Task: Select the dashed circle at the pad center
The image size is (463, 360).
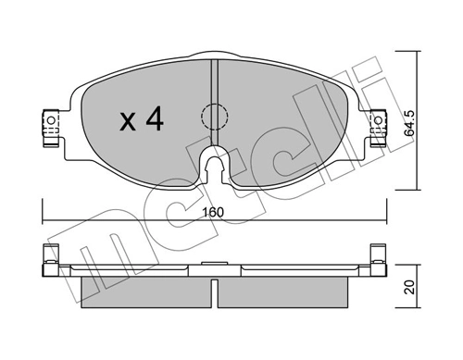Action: pos(214,118)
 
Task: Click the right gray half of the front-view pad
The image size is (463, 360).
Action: pos(278,116)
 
